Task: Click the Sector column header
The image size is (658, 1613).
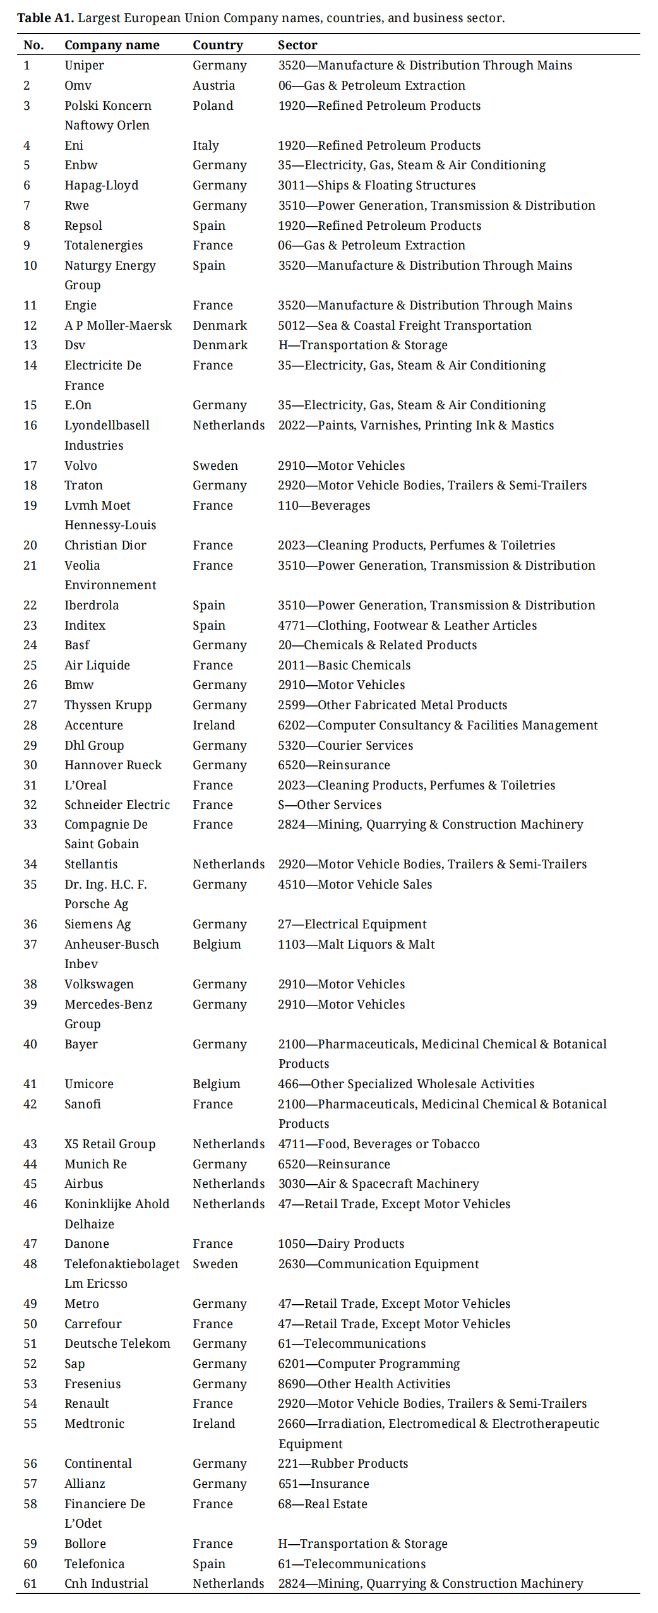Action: click(297, 45)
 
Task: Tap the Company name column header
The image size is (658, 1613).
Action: click(112, 45)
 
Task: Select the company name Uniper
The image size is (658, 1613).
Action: click(84, 65)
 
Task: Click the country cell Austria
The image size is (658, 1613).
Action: click(213, 85)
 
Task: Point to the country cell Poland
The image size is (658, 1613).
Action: click(213, 105)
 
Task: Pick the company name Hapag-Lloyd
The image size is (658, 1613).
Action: click(101, 185)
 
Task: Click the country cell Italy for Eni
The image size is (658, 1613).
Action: click(206, 145)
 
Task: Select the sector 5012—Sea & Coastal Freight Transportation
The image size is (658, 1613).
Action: click(405, 325)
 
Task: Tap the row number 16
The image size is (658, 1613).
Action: click(30, 425)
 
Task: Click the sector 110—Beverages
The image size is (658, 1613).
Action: click(324, 505)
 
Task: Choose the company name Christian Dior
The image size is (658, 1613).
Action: click(105, 545)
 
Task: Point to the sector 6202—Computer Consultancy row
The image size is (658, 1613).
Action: click(438, 725)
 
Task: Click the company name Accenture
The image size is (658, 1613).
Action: click(93, 725)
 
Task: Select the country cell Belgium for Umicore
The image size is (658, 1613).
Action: click(217, 1084)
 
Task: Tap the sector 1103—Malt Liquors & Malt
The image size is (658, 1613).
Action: click(356, 944)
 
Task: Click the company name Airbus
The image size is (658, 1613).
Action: click(83, 1184)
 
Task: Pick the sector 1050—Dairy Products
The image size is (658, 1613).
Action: click(341, 1244)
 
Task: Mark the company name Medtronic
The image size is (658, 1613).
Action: click(94, 1424)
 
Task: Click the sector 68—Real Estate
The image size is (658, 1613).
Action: click(323, 1504)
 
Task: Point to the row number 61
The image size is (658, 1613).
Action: click(30, 1583)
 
